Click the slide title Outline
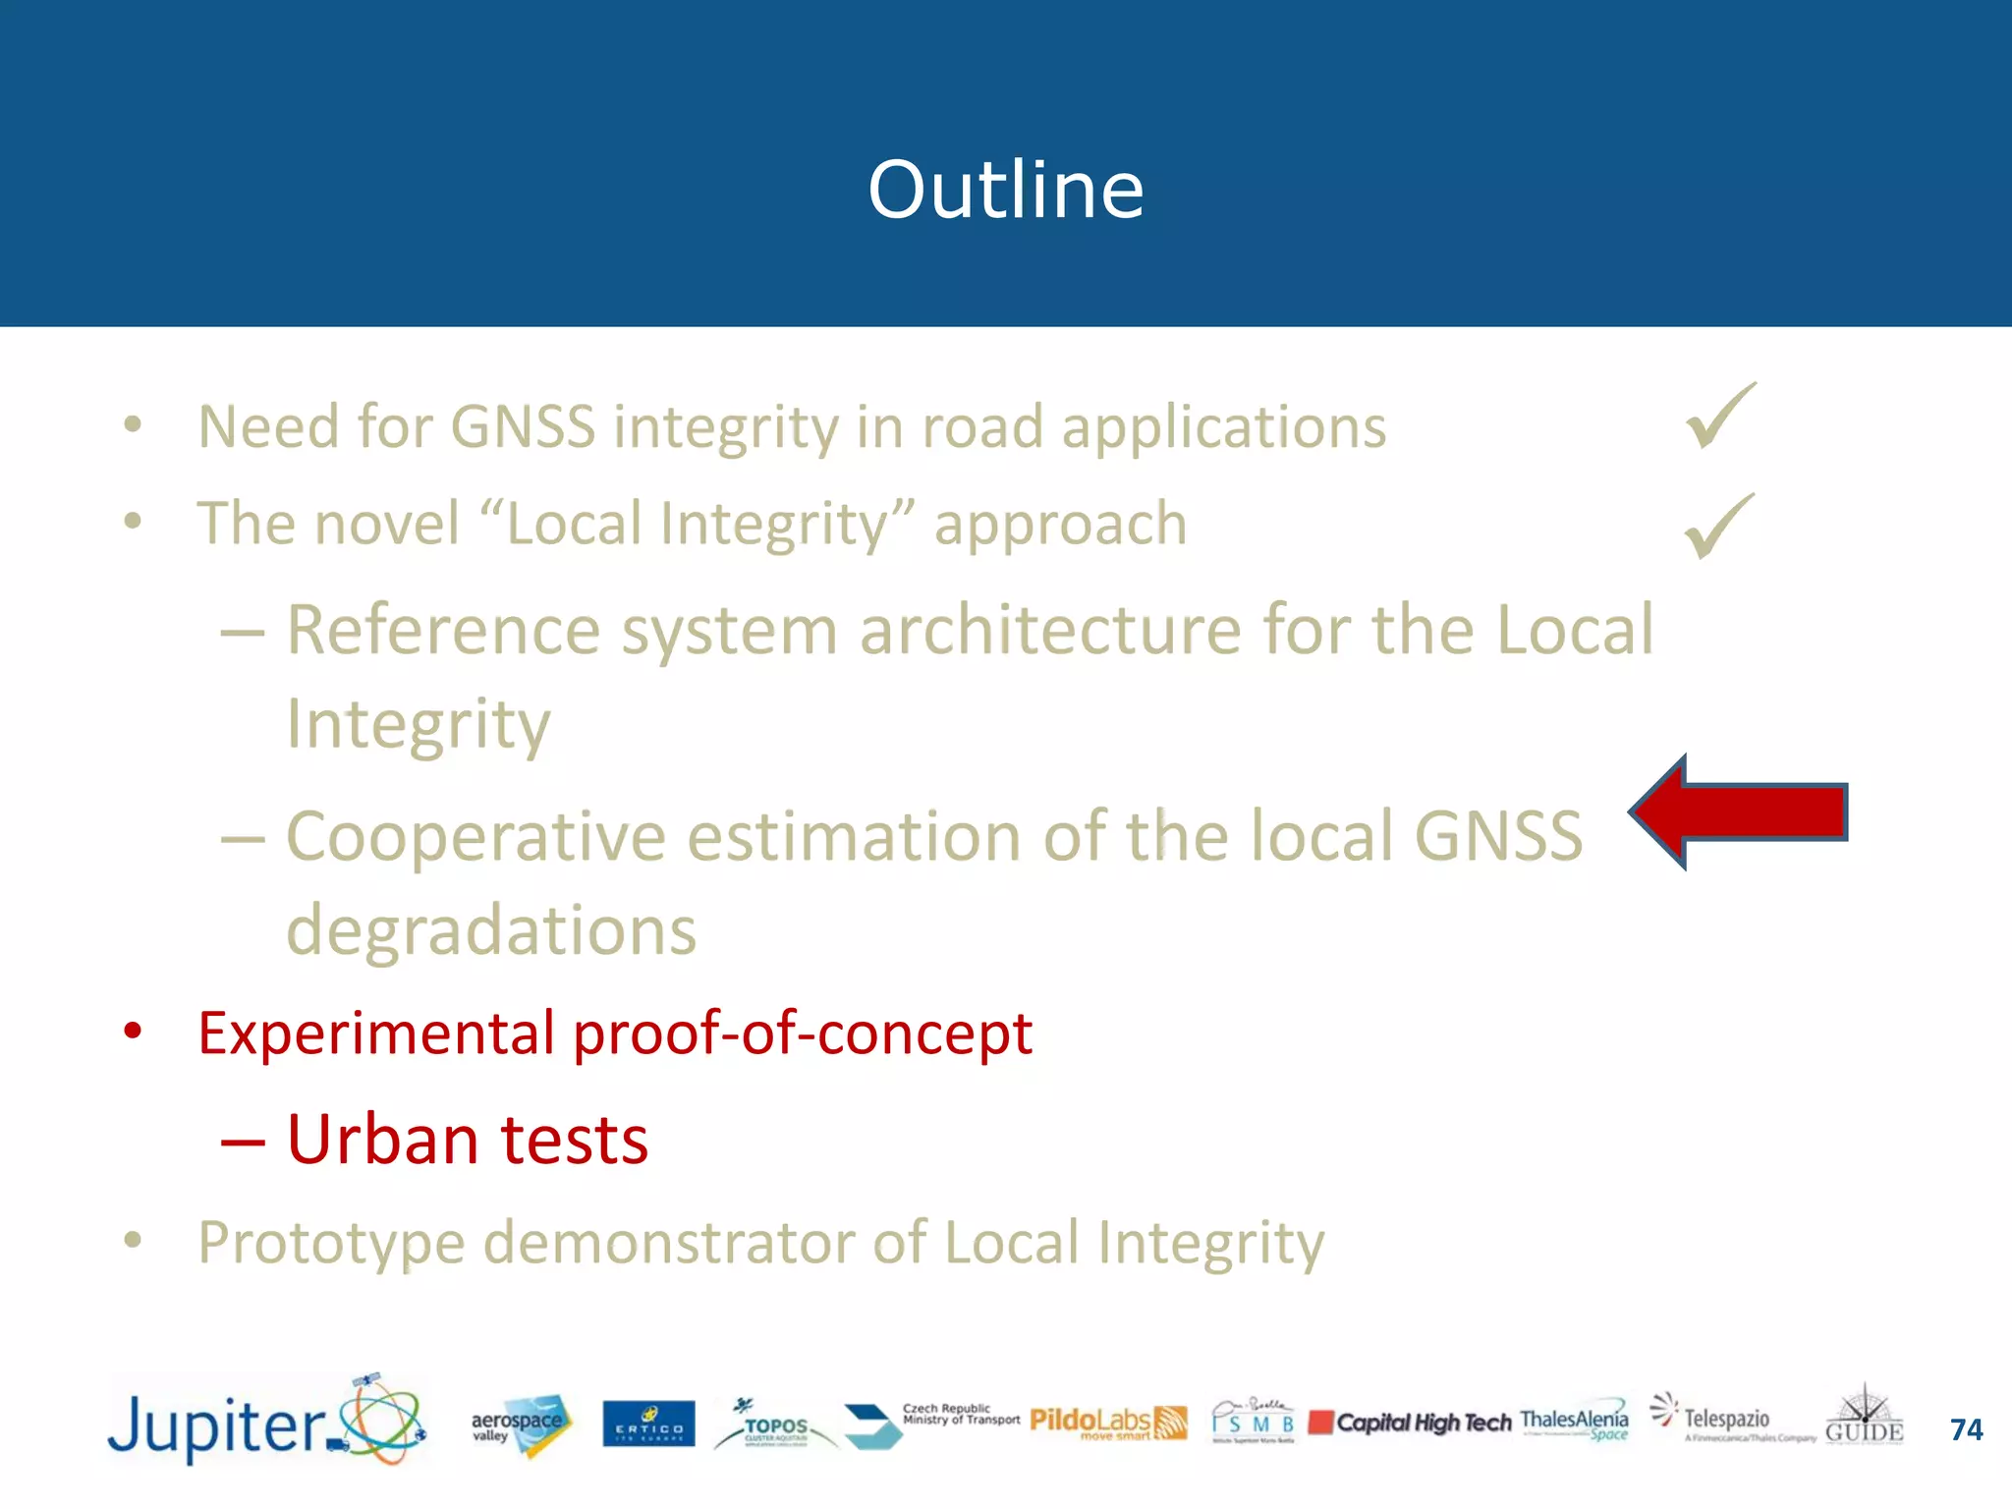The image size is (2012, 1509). point(1005,189)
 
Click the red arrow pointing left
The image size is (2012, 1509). point(1739,812)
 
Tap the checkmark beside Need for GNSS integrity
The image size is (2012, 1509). point(1720,417)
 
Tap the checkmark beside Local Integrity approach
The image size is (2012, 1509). point(1719,527)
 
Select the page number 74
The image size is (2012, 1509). point(1966,1429)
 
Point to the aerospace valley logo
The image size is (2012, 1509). point(519,1425)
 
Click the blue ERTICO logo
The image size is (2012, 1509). point(648,1425)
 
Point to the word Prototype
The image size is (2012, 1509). point(331,1243)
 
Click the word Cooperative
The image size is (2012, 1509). point(475,836)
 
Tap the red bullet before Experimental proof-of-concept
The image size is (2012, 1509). point(133,1032)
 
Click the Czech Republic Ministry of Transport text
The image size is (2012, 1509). point(960,1414)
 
